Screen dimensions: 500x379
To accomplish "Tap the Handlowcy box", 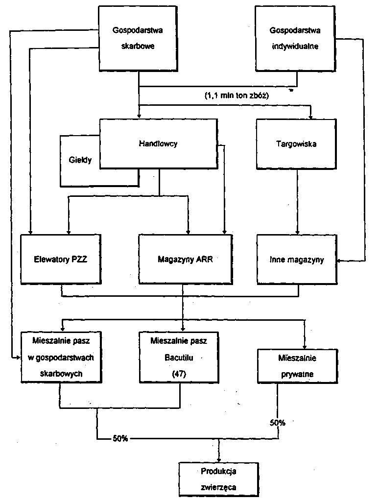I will click(x=158, y=144).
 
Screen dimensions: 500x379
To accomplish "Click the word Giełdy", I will click(x=79, y=160).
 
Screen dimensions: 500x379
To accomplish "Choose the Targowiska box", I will click(x=296, y=144).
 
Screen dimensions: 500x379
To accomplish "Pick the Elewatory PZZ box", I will click(x=61, y=259).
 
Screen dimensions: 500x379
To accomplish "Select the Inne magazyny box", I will click(x=297, y=259).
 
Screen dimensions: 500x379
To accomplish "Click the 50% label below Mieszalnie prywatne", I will click(x=277, y=422).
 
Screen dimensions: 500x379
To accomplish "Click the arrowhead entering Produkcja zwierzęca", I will click(x=218, y=458).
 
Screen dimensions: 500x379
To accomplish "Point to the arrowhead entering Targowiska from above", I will click(x=310, y=116).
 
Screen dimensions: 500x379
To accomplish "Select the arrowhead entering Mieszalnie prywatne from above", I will click(x=304, y=345).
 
